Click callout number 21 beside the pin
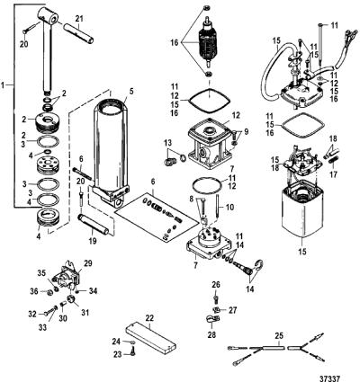coord(79,19)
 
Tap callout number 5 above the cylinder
coord(130,92)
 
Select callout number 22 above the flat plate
coord(149,318)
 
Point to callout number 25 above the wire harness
coord(279,336)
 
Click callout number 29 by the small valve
coord(88,263)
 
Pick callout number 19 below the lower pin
coord(93,241)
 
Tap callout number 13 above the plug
coord(168,141)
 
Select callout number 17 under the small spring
coord(333,174)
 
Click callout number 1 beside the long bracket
coord(3,85)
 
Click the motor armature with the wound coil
coord(207,42)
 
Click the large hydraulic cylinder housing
coord(112,150)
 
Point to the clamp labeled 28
coord(211,320)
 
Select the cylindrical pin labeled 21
coord(78,33)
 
